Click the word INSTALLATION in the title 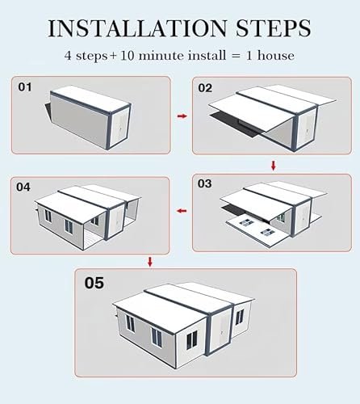coord(137,28)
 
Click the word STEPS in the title coord(274,28)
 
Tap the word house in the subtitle coord(276,55)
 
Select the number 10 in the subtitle coord(127,56)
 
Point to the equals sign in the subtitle coord(236,56)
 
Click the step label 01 coord(25,87)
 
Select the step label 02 coord(205,88)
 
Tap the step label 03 coord(204,183)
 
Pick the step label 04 coord(23,187)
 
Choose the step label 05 coord(94,283)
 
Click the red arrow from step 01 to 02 coord(182,116)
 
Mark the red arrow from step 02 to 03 coord(274,166)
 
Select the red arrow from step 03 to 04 coord(182,211)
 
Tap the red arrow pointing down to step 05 coord(150,262)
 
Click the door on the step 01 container coord(119,128)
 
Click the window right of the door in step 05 coord(240,317)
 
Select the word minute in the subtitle coord(161,56)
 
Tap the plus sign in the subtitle coord(113,56)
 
